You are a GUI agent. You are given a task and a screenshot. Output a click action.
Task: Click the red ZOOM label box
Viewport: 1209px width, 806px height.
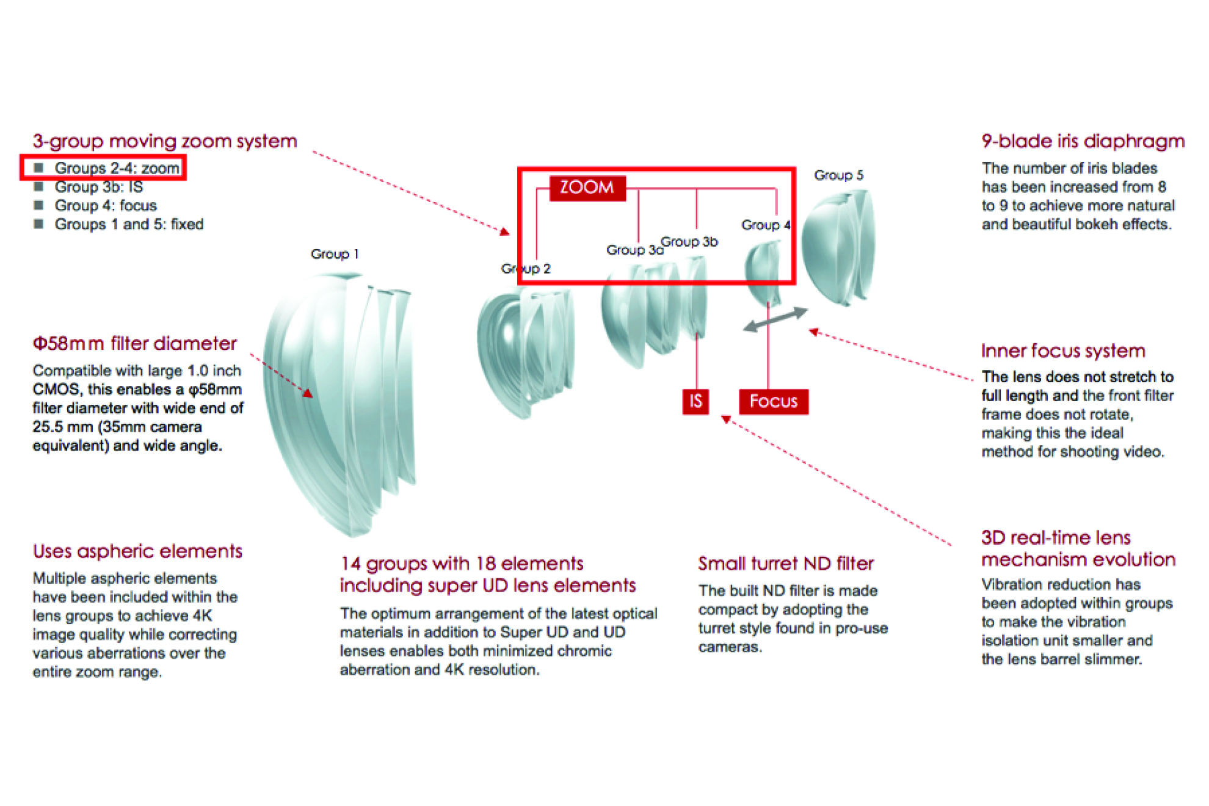[x=587, y=187]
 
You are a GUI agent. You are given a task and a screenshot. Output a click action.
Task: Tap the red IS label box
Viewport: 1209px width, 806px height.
[x=695, y=401]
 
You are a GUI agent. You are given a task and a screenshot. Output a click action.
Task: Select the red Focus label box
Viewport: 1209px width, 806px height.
[x=773, y=401]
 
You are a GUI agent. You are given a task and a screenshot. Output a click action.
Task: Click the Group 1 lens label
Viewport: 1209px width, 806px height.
[x=334, y=254]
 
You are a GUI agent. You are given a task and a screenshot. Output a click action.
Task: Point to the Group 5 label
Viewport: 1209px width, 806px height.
[x=838, y=175]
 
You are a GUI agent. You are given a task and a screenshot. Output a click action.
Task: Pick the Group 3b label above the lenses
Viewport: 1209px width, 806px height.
[x=689, y=242]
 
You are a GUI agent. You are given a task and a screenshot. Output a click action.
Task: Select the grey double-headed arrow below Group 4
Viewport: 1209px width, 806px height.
[x=775, y=319]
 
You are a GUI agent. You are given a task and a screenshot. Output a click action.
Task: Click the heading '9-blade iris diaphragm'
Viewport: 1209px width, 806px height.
[x=1083, y=141]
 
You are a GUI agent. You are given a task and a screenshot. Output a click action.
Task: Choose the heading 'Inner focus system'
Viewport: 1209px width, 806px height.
[x=1062, y=350]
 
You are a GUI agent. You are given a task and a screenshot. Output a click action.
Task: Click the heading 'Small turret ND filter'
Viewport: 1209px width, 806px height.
[x=786, y=563]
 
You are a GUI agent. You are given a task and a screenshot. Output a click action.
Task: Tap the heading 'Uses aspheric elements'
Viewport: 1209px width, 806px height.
[x=137, y=551]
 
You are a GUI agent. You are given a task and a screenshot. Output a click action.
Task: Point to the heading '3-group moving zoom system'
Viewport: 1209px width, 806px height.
[x=165, y=141]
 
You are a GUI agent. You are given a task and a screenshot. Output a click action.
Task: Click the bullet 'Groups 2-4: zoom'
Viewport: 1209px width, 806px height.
[x=117, y=168]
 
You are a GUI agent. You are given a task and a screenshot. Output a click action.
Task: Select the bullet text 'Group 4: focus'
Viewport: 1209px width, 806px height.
[x=106, y=206]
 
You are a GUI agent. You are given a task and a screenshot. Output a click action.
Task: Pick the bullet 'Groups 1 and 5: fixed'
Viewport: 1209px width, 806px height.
[x=129, y=224]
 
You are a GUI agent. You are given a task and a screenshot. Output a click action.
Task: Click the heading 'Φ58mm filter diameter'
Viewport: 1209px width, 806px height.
[x=134, y=343]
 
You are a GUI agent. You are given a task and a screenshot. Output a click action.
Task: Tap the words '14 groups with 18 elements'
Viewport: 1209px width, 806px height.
[x=462, y=563]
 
